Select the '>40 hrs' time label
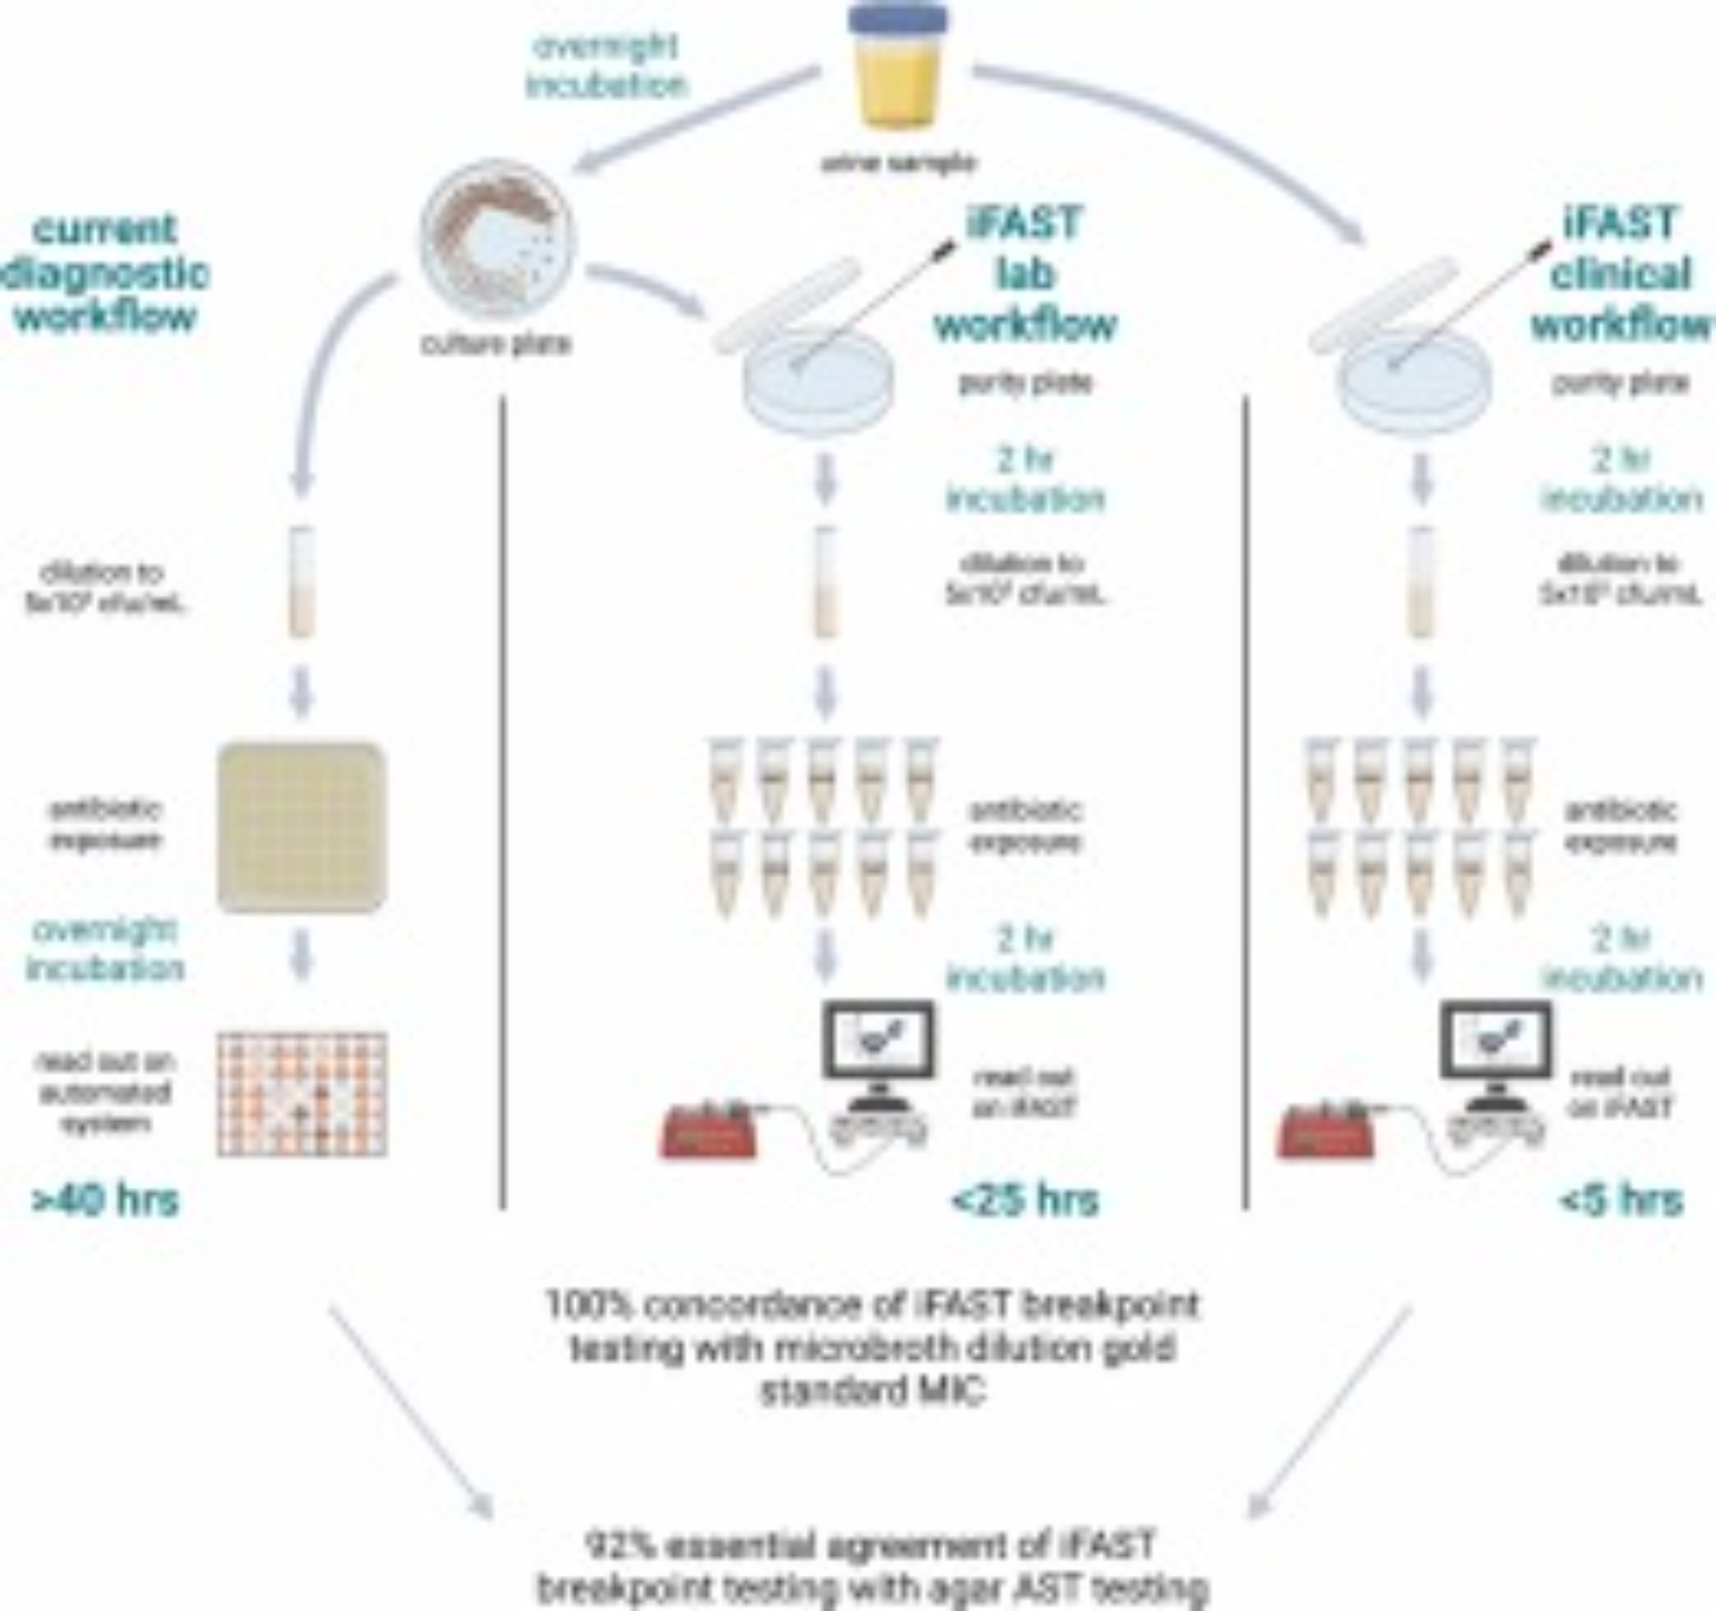coord(106,1200)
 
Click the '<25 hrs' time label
coord(1025,1200)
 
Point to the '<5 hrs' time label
coord(1621,1200)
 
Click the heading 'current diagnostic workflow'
coord(106,273)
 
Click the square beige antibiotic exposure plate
coord(301,827)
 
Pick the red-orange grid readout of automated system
coord(301,1093)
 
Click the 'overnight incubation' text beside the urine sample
coord(607,66)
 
